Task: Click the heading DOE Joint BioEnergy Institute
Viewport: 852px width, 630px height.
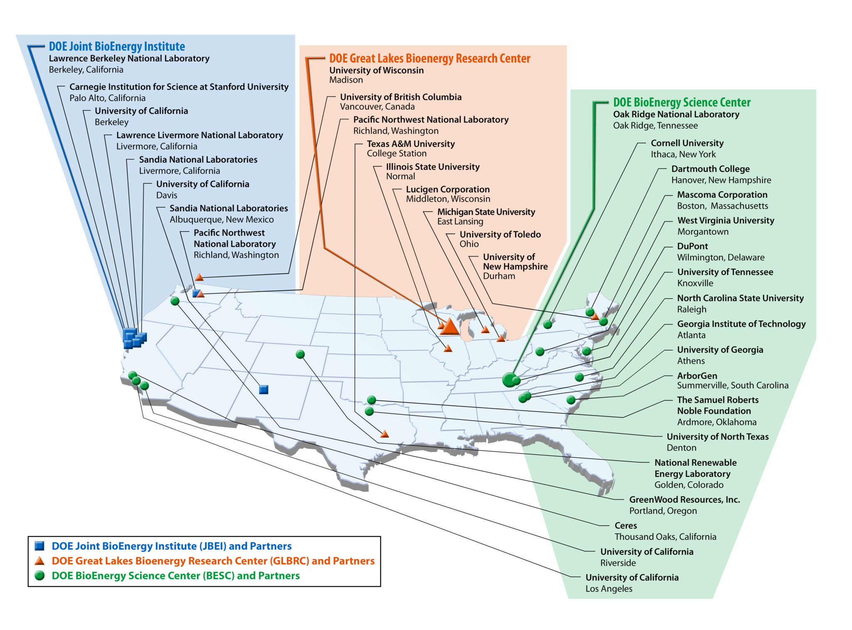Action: coord(117,46)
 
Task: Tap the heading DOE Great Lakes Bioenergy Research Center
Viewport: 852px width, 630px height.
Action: coord(429,58)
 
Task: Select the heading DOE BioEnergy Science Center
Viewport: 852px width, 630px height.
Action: coord(681,102)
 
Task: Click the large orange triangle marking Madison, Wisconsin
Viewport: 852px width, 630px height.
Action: coord(449,327)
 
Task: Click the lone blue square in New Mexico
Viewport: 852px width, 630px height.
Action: coord(263,389)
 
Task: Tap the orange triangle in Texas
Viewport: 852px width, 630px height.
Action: coord(385,434)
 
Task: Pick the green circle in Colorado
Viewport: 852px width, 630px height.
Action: coord(300,354)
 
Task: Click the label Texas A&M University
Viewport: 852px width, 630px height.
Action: coord(411,144)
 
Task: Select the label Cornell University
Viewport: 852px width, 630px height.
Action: coord(687,143)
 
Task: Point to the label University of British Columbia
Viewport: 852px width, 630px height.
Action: coord(401,97)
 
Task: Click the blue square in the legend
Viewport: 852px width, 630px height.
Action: coord(40,546)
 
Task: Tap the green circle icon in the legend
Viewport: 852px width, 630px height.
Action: coord(40,576)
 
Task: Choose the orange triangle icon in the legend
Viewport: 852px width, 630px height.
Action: coord(40,561)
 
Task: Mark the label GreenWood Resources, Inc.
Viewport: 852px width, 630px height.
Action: coord(684,499)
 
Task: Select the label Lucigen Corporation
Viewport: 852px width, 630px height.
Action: coord(448,189)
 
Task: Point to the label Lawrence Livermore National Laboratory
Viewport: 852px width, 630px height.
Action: coord(199,135)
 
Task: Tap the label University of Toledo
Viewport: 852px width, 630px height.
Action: coord(500,235)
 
